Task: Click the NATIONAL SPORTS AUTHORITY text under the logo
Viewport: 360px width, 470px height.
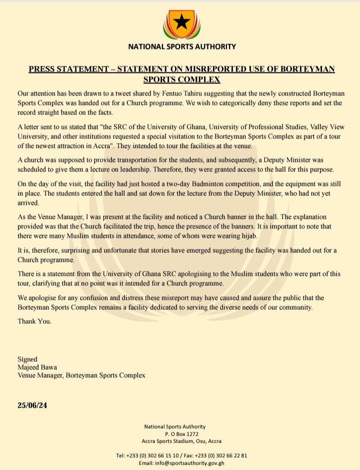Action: [x=181, y=47]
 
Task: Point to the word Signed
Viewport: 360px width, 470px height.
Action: [x=27, y=359]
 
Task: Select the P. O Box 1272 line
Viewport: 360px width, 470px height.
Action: [x=174, y=434]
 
